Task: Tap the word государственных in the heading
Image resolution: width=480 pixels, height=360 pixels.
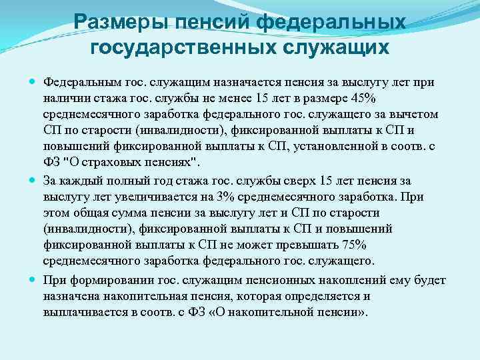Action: coord(175,47)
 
